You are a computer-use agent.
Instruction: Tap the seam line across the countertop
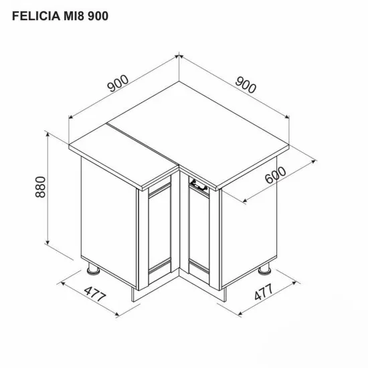(x=144, y=145)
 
